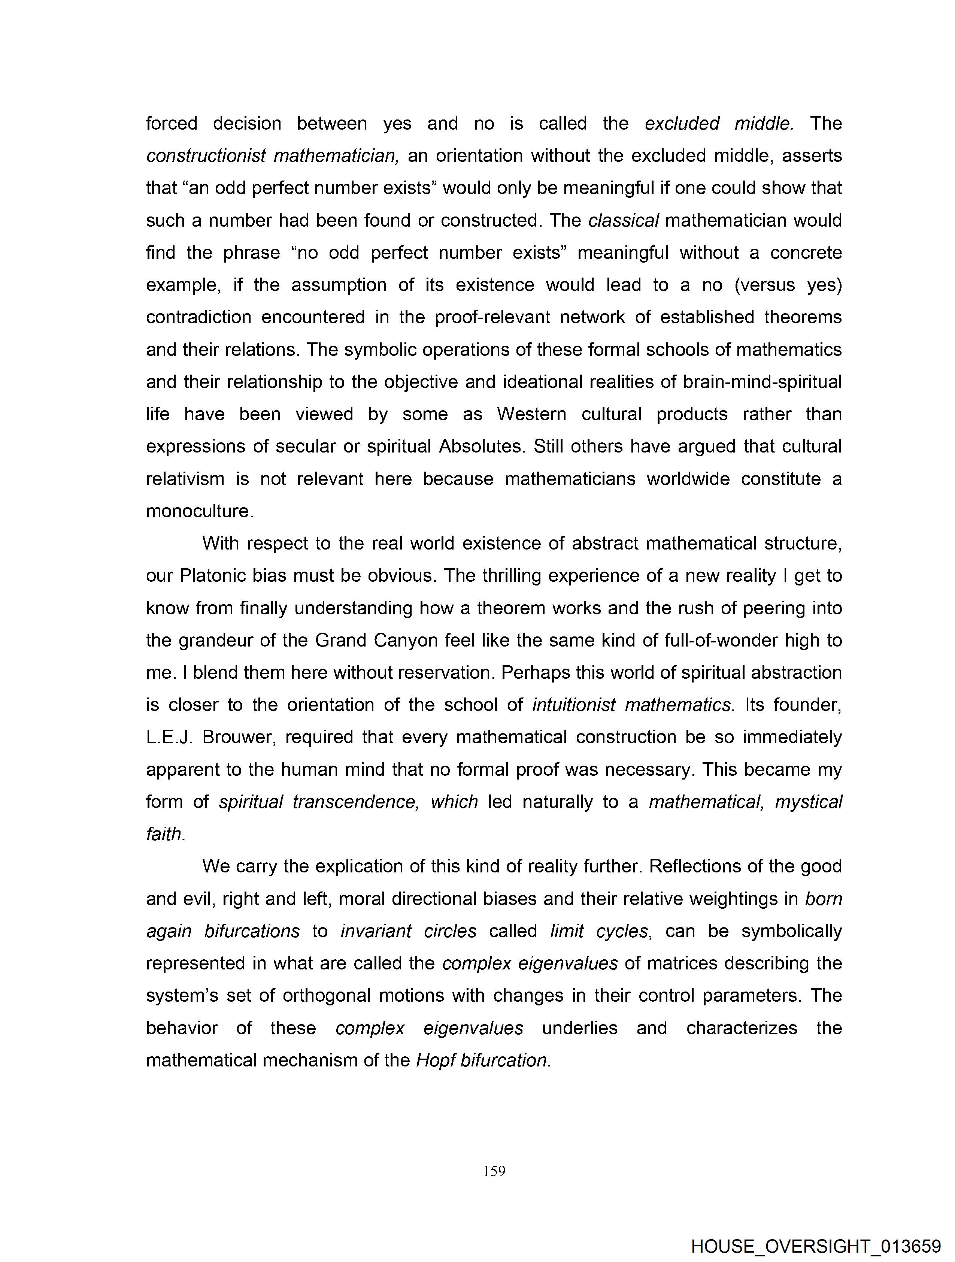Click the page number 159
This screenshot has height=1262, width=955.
click(494, 1171)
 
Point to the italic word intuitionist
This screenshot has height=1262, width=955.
click(573, 705)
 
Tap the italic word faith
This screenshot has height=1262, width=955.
click(166, 834)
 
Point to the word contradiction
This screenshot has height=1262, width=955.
click(198, 317)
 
